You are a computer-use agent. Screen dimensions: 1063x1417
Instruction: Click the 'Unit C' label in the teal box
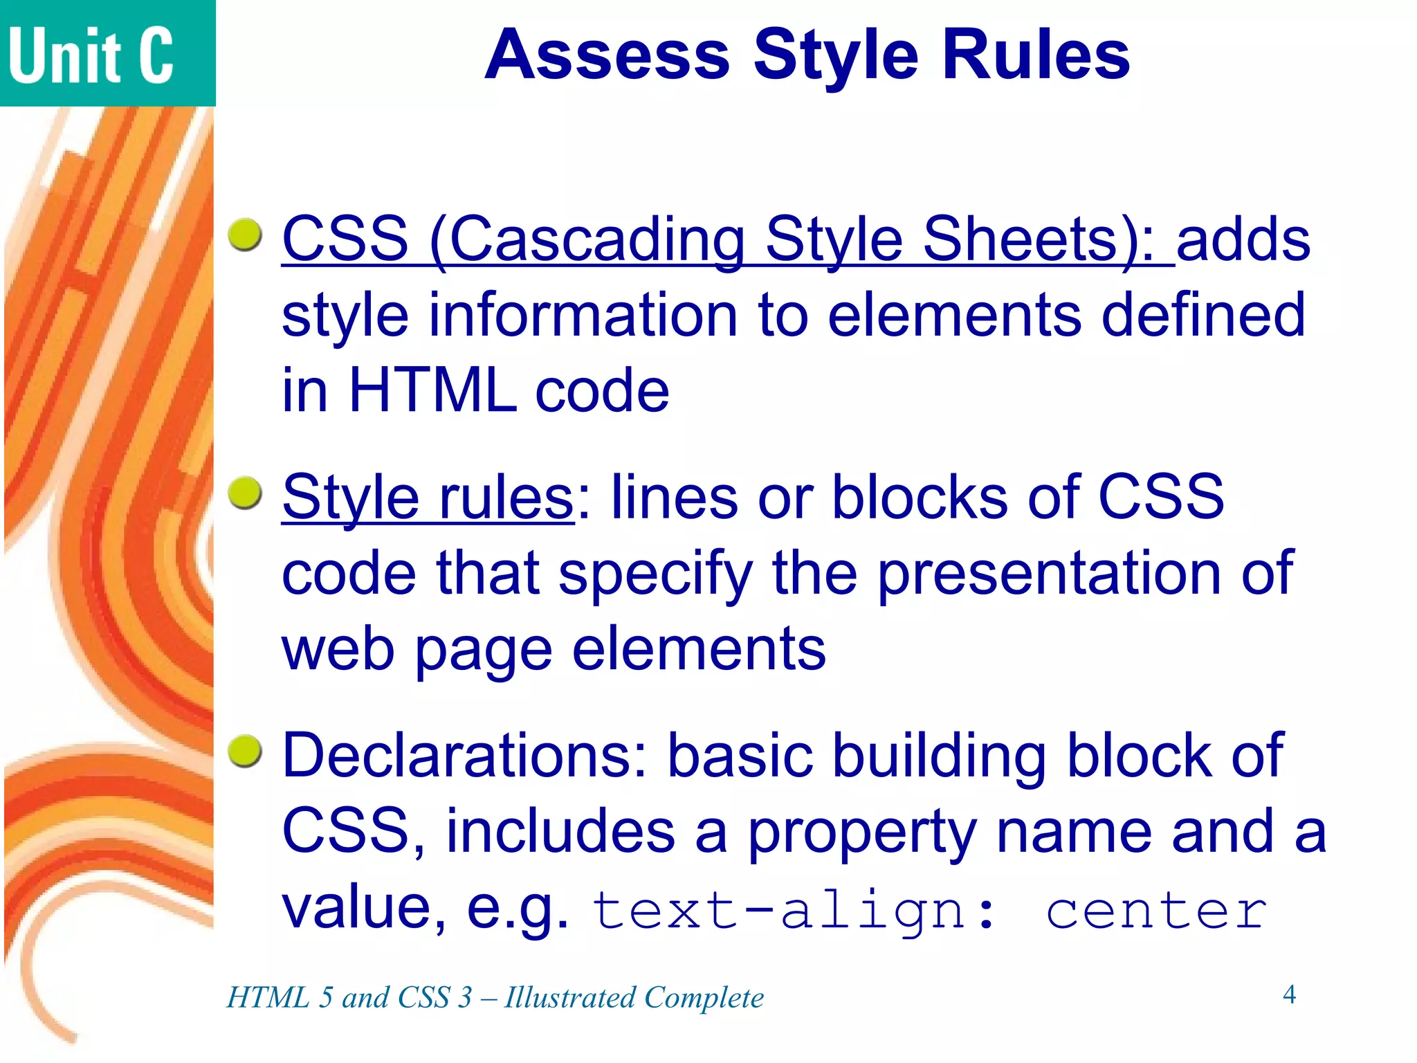coord(91,55)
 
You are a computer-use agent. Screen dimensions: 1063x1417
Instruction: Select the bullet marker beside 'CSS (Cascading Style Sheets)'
coord(245,235)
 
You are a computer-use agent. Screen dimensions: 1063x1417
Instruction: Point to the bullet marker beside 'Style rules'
coord(245,493)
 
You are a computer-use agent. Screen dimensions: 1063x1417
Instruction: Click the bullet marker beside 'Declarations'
coord(245,752)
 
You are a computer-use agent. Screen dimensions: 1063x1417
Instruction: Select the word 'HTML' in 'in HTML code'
coord(432,390)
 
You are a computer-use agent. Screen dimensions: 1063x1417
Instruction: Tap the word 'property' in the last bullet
coord(862,831)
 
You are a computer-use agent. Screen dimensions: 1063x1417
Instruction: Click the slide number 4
coord(1288,994)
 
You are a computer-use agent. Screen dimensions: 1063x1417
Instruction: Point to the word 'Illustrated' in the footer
coord(570,997)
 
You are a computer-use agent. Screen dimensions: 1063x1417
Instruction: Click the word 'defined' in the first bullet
coord(1203,315)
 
